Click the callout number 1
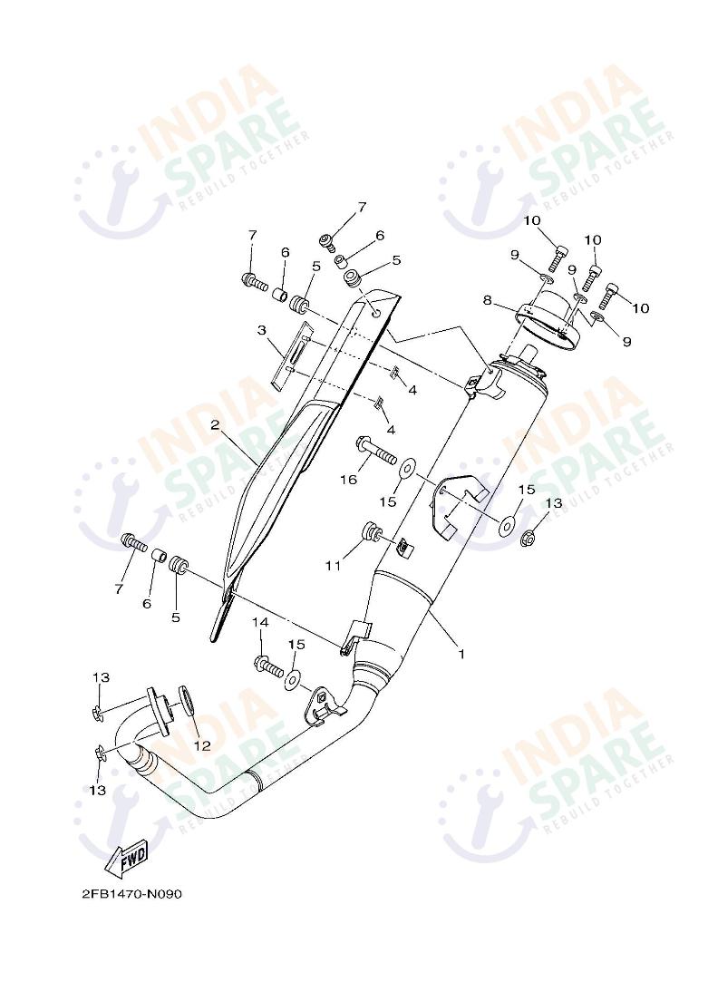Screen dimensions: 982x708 click(461, 653)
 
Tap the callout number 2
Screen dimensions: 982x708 click(216, 424)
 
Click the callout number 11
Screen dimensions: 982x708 click(333, 566)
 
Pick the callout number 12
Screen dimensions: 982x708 click(201, 745)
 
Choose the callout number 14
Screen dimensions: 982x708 click(260, 623)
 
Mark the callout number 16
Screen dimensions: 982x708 click(349, 480)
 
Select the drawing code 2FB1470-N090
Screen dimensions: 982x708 click(132, 894)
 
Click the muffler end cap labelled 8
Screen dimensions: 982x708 click(548, 319)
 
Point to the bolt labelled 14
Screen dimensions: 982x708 click(269, 666)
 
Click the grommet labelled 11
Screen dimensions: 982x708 click(371, 531)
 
